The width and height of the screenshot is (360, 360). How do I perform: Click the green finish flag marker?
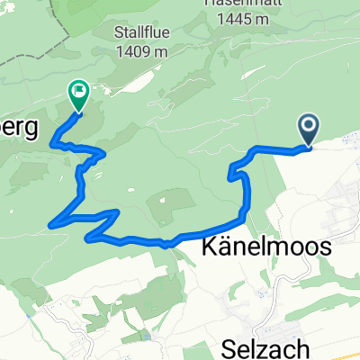[78, 92]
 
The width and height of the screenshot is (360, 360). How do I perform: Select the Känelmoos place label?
[255, 247]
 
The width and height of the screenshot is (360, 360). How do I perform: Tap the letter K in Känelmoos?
[194, 247]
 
